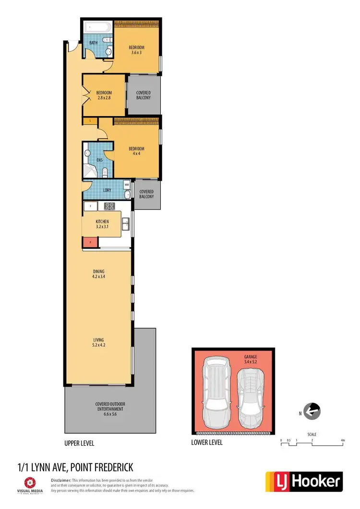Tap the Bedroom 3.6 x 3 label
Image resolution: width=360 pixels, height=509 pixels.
136,50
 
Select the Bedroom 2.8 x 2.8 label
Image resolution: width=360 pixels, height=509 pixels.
104,95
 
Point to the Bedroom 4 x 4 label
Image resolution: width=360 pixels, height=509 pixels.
136,152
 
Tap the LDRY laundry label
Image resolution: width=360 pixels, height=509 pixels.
108,190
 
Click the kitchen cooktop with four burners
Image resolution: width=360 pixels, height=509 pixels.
109,207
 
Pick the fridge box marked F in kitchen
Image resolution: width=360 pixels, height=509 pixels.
90,207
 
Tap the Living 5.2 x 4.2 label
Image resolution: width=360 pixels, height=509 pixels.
98,342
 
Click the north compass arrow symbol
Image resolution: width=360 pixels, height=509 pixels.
312,411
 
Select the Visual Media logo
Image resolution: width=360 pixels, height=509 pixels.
31,485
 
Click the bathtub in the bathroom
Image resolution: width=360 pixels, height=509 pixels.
98,27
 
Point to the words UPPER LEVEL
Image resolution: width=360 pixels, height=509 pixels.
79,443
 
